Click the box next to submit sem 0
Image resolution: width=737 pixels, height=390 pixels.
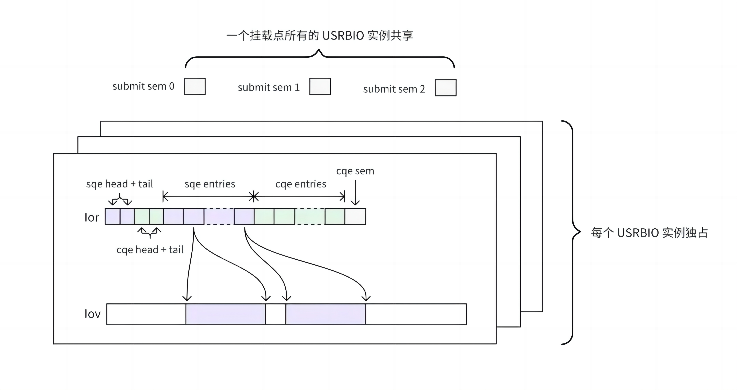[x=194, y=86]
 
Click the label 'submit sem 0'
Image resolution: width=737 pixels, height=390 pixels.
[x=143, y=86]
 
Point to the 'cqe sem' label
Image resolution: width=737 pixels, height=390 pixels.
[x=355, y=171]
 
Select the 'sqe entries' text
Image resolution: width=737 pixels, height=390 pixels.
[x=210, y=184]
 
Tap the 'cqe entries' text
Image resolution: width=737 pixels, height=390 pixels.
[x=301, y=184]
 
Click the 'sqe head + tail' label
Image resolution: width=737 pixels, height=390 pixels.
[x=120, y=184]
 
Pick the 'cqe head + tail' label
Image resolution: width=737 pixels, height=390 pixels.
[x=150, y=250]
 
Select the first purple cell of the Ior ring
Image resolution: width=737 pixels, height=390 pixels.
[x=112, y=216]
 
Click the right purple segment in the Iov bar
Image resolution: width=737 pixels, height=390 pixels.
[x=326, y=314]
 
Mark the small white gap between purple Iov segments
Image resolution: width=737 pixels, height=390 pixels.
[x=276, y=314]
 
